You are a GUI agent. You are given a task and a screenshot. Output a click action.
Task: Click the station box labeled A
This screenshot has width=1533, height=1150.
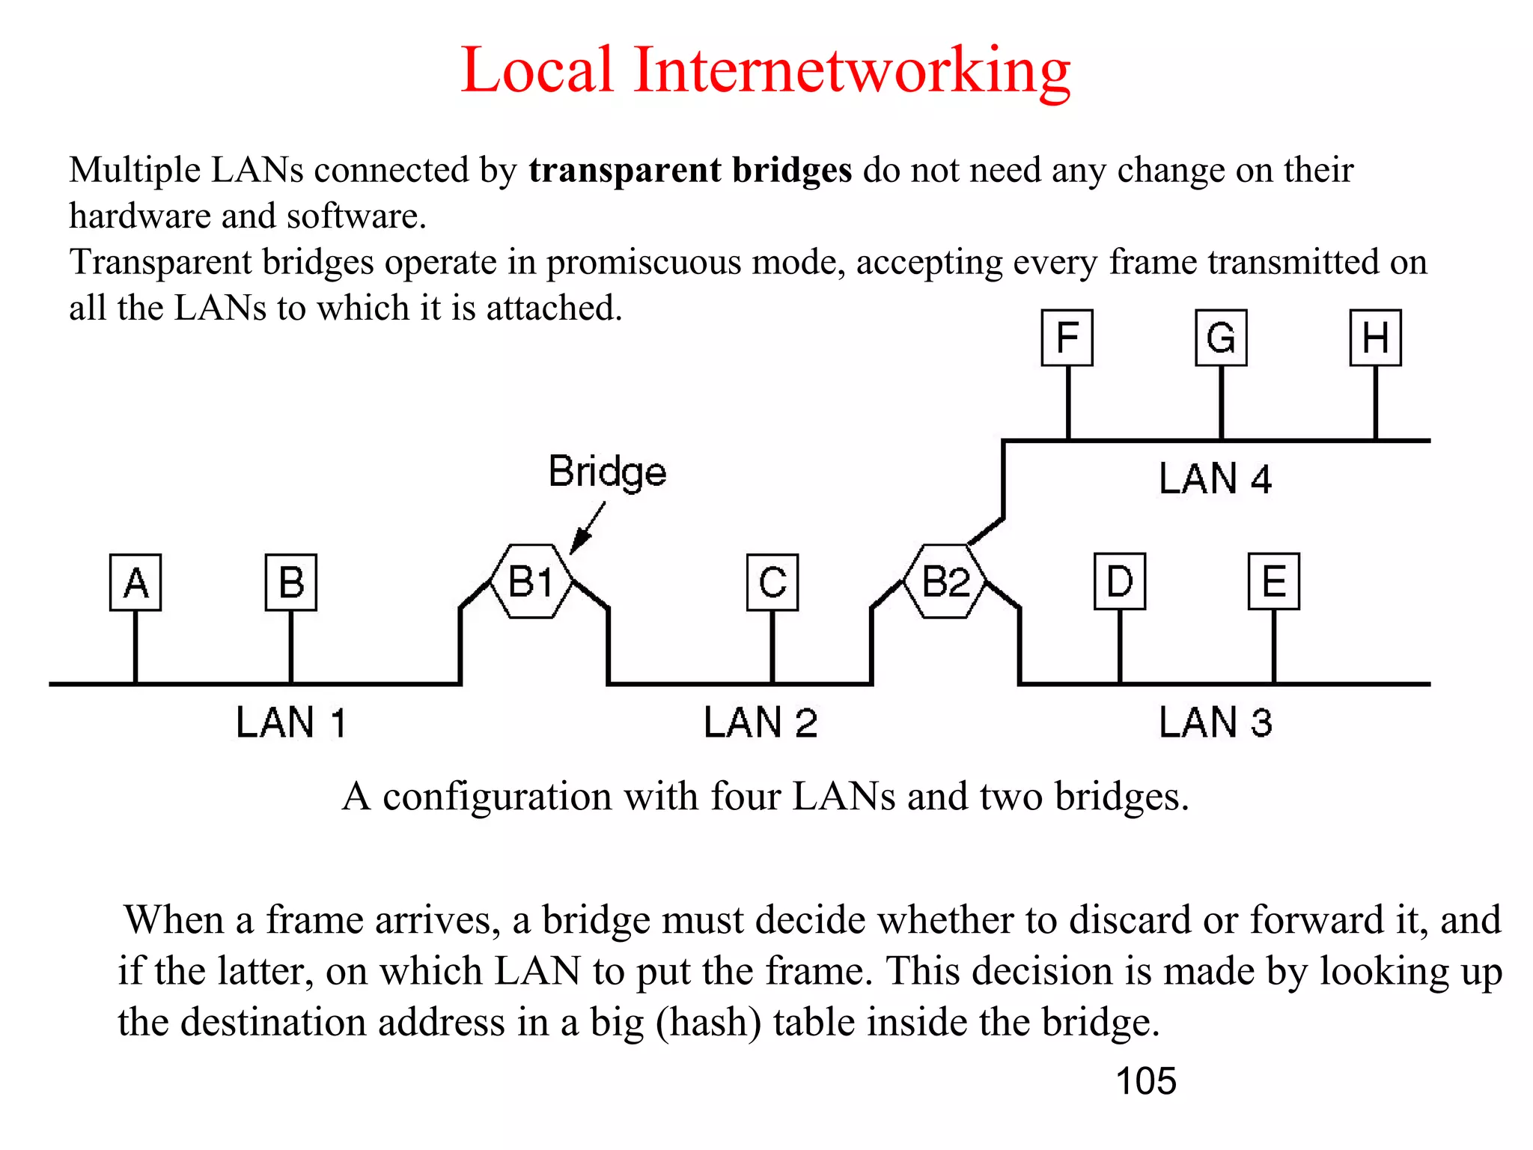click(135, 582)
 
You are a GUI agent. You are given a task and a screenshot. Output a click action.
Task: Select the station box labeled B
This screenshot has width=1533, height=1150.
click(291, 582)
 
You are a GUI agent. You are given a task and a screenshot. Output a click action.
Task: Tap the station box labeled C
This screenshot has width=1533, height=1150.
click(772, 582)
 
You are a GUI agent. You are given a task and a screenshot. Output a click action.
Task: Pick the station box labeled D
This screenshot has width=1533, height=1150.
click(1120, 581)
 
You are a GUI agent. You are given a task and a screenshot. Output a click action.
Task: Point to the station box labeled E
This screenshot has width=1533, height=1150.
click(1274, 581)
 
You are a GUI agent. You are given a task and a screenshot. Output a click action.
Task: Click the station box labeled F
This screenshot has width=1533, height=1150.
click(1067, 338)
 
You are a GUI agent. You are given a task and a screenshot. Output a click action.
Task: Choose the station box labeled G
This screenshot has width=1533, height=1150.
click(1222, 338)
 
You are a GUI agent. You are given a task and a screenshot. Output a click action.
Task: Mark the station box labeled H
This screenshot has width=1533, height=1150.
click(1376, 338)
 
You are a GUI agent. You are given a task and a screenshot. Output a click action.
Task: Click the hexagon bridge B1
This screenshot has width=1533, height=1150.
click(531, 581)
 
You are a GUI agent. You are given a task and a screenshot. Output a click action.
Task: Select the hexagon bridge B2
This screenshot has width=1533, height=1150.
click(945, 581)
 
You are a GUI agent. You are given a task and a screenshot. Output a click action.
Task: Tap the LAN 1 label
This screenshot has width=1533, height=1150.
click(291, 722)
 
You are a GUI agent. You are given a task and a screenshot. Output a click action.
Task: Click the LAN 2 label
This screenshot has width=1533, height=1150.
click(761, 722)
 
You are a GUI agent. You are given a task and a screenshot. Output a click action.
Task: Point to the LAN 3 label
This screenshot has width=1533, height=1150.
click(1216, 722)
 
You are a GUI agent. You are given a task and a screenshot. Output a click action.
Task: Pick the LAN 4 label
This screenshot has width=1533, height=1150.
click(1216, 478)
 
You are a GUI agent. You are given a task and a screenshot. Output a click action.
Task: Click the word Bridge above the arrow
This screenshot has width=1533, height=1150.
click(607, 472)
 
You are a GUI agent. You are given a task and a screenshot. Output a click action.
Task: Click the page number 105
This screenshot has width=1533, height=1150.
click(1145, 1081)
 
